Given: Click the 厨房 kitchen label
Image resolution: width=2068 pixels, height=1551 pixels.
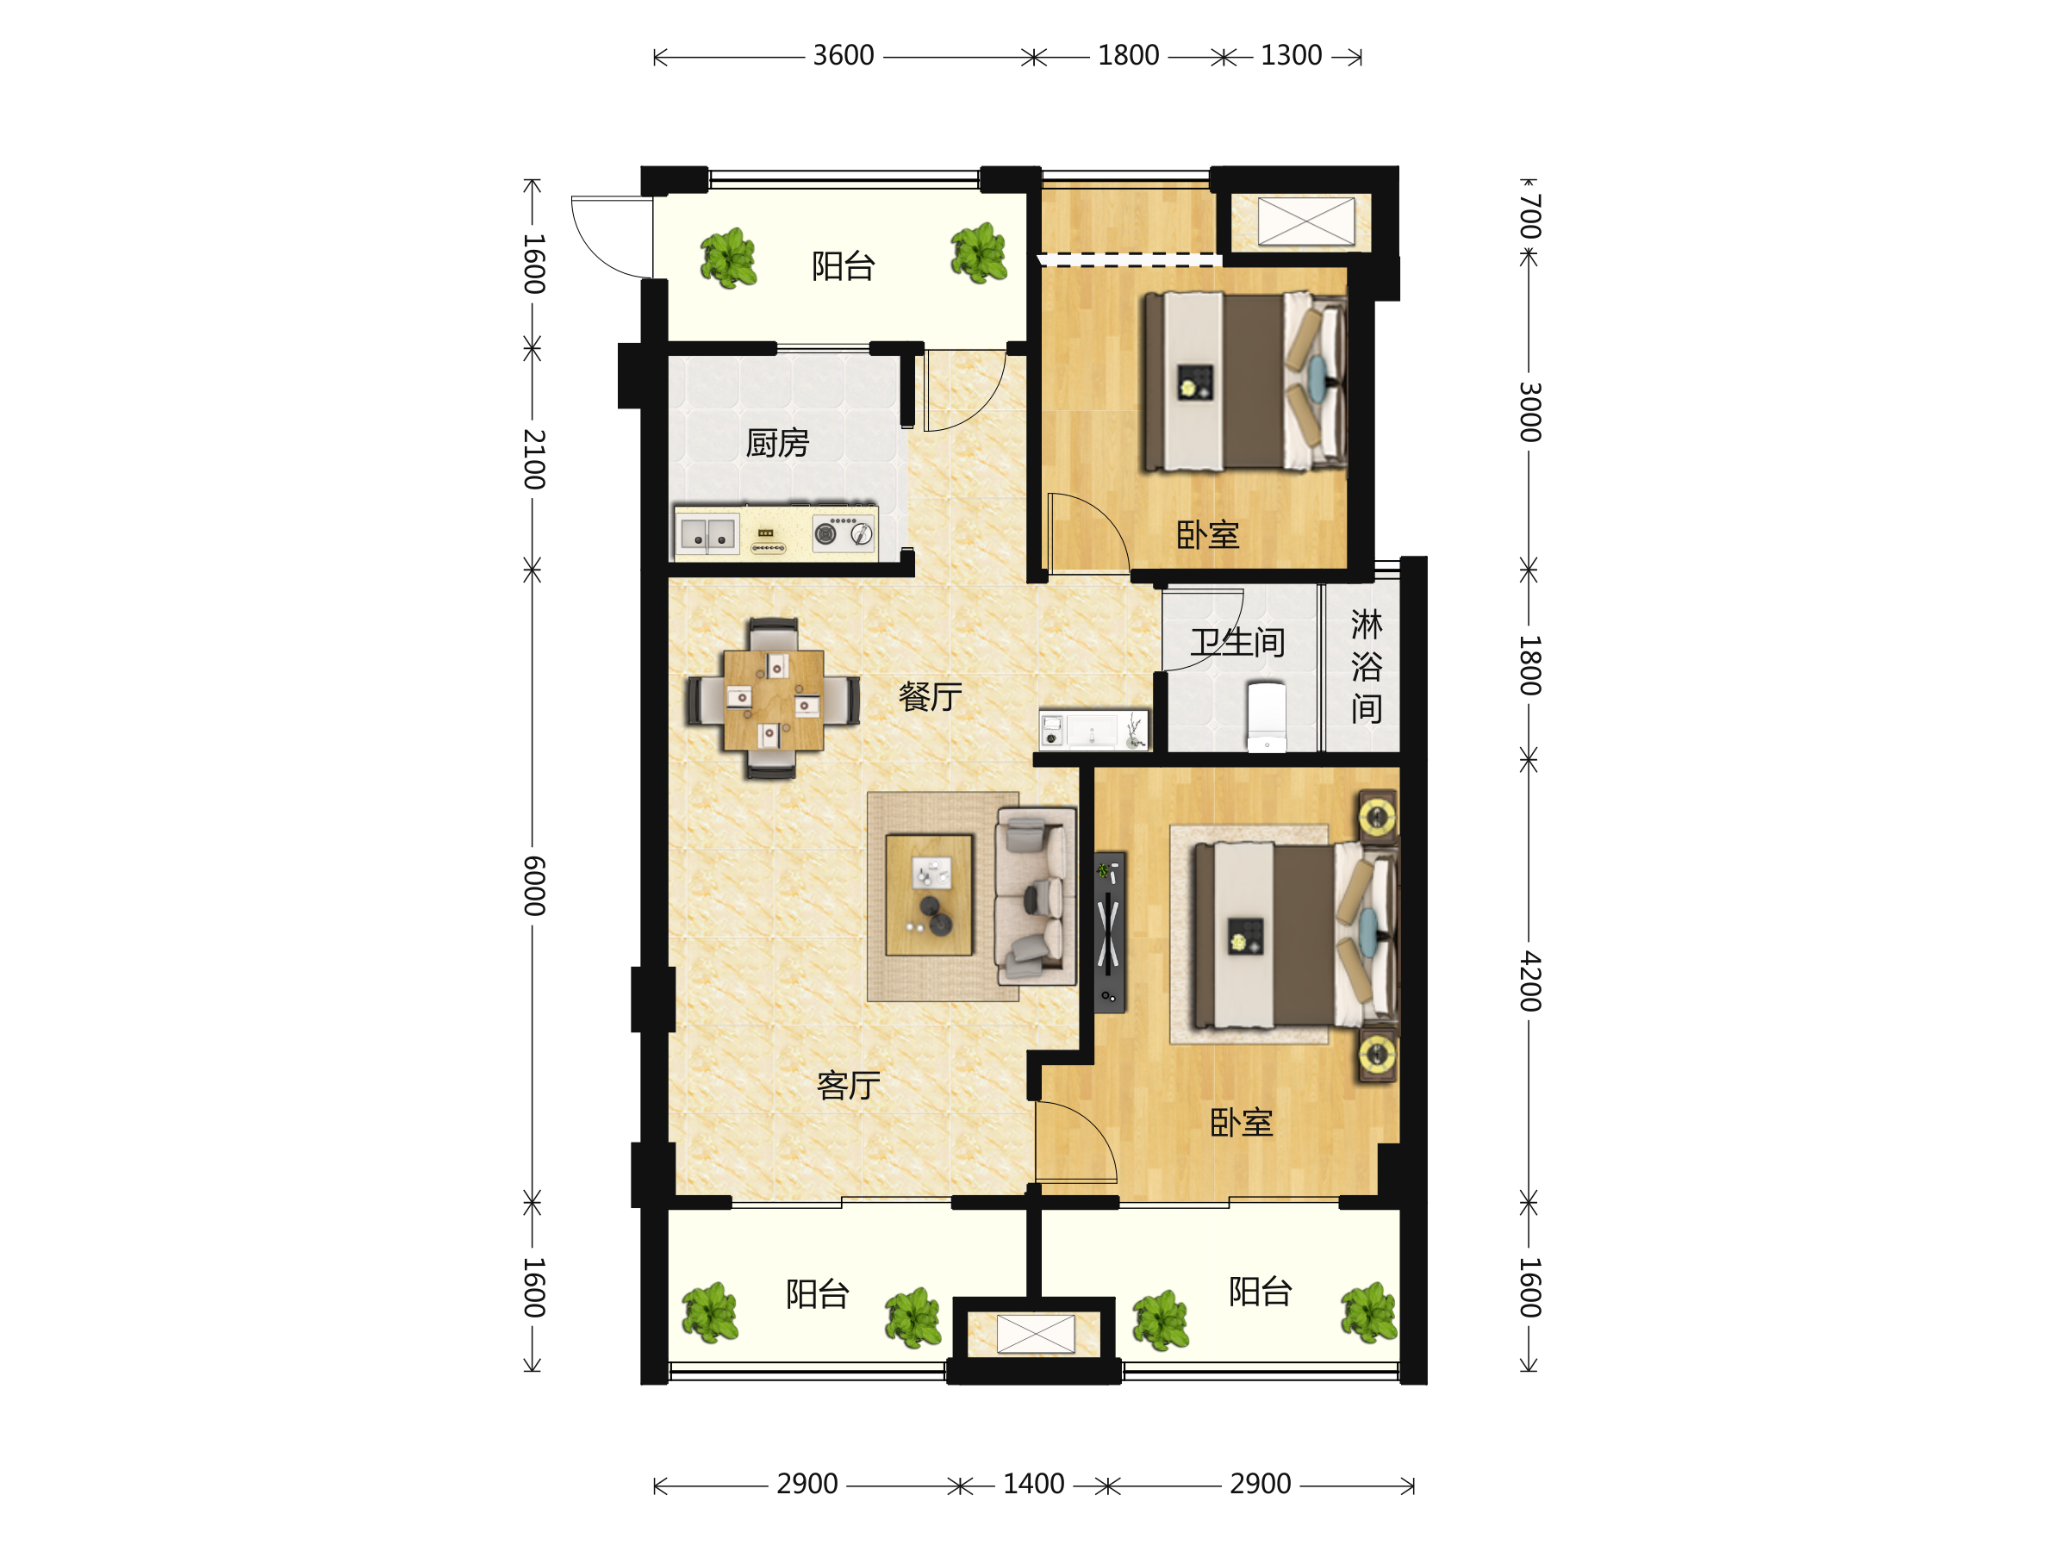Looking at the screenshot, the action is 777,443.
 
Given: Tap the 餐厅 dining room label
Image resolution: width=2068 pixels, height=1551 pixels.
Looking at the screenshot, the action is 931,696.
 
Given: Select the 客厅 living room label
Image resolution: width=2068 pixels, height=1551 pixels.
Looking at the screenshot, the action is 849,1086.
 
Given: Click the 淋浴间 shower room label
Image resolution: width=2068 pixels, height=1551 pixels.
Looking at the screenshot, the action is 1366,666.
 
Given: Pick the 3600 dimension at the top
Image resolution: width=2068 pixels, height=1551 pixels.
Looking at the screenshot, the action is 844,56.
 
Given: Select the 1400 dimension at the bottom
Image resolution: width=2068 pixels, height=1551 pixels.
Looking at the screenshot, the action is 1033,1484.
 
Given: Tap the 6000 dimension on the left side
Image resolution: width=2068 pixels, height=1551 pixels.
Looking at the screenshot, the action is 533,884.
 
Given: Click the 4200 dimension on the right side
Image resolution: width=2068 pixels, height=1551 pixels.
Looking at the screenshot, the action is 1529,981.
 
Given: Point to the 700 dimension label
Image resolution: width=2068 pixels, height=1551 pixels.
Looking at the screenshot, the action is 1529,217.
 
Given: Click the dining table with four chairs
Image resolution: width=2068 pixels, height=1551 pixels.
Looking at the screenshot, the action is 773,700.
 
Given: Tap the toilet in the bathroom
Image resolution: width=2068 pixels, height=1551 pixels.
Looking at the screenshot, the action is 1267,717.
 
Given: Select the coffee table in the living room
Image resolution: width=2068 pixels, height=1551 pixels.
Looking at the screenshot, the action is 929,894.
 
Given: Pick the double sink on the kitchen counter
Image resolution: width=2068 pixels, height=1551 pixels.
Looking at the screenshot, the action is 707,535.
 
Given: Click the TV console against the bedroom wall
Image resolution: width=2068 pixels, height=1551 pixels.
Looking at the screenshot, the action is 1110,932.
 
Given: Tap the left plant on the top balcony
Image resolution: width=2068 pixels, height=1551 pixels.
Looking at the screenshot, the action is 728,258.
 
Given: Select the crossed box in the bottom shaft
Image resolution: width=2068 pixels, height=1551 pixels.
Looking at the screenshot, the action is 1036,1334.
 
